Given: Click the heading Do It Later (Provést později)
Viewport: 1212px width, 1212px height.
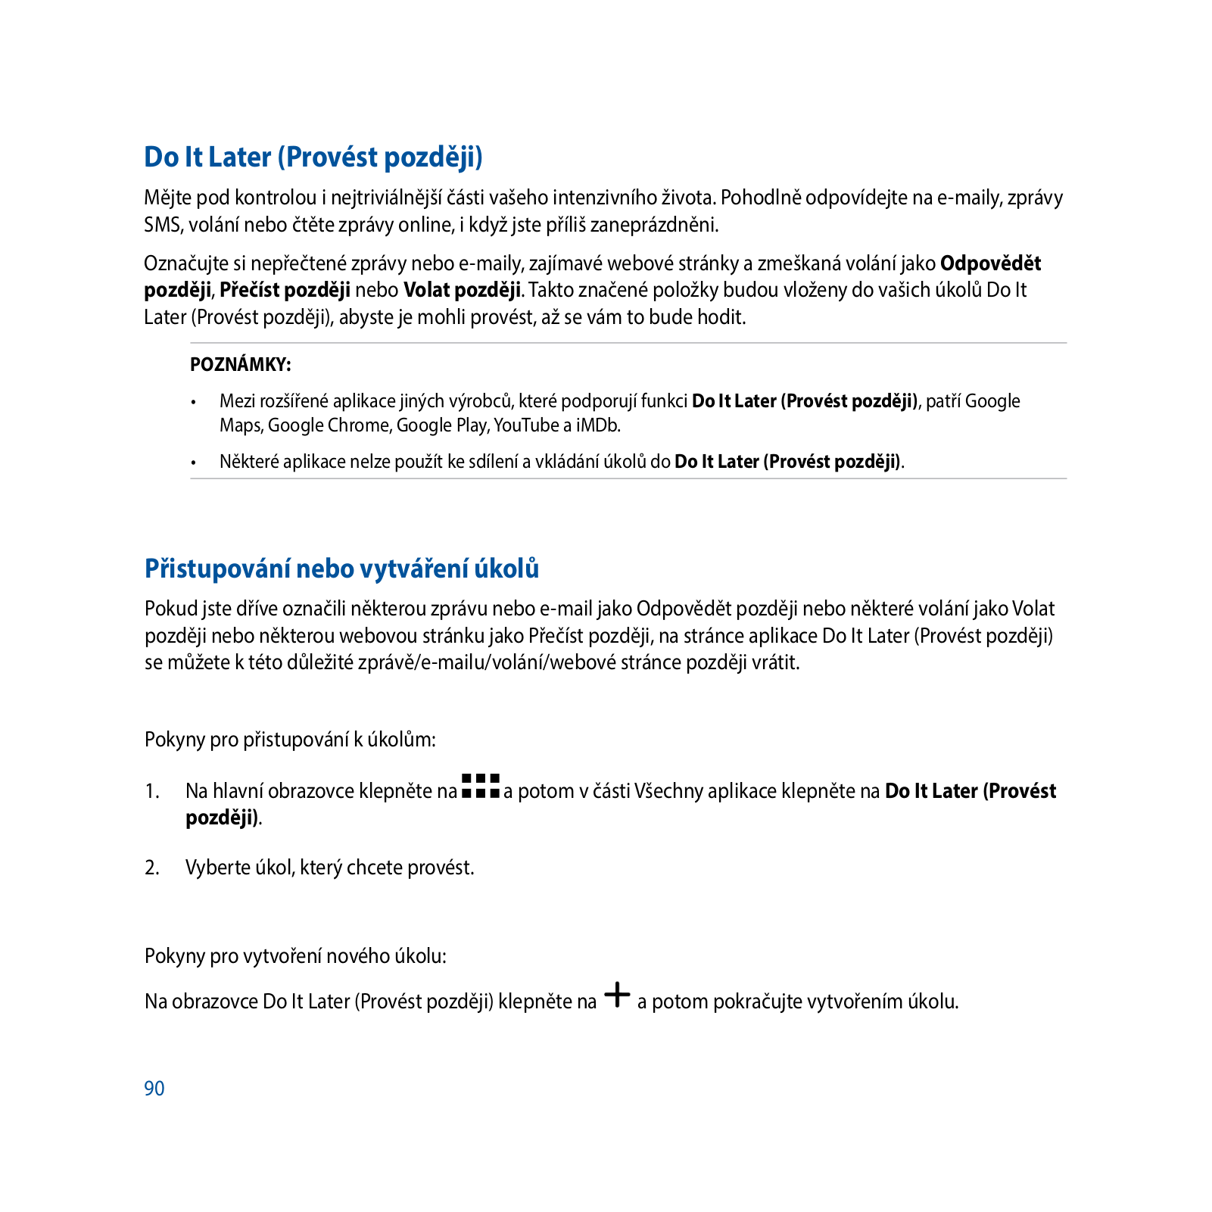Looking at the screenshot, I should [x=313, y=157].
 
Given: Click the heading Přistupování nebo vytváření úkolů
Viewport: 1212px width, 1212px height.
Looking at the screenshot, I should [x=341, y=569].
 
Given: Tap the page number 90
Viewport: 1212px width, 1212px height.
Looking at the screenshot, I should [x=154, y=1089].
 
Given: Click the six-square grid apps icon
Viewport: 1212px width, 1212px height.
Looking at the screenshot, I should [x=480, y=786].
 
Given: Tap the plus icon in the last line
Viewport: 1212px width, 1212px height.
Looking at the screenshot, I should [x=618, y=995].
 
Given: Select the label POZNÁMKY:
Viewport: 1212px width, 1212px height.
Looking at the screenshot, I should [x=241, y=365].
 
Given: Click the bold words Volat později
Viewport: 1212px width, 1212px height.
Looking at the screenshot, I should [x=462, y=290].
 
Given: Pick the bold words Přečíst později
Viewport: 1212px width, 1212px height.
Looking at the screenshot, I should [x=285, y=290].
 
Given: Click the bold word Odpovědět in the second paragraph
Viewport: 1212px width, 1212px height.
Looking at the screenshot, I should [x=990, y=263].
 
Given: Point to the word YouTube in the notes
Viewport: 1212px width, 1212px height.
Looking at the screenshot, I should [x=526, y=425].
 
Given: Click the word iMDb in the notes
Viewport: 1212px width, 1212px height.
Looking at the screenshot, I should [x=598, y=425].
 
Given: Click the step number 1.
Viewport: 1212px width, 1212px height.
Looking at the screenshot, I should [x=152, y=791].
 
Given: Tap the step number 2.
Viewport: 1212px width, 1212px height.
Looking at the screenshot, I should [x=152, y=868].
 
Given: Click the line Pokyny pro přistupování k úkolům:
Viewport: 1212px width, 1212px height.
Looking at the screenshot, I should [x=290, y=740].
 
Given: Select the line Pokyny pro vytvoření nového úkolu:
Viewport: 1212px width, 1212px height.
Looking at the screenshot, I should [x=295, y=956].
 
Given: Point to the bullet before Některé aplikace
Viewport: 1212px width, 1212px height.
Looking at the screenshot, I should [x=195, y=463].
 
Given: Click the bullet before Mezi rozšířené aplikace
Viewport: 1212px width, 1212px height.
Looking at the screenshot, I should [x=195, y=402].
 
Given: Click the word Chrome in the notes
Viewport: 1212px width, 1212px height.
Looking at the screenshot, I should [x=360, y=425].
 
